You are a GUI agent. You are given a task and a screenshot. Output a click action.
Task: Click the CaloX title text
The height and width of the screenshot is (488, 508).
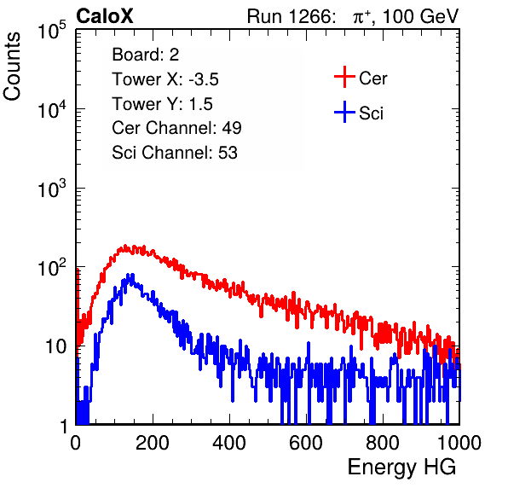[x=105, y=16]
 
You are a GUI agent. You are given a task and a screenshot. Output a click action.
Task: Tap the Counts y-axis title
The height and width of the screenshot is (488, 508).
[x=12, y=67]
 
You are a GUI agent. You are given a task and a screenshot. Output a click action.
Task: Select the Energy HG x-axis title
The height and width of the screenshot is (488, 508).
[x=401, y=468]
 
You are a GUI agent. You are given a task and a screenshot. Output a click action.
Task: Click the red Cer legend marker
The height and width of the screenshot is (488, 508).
[x=344, y=77]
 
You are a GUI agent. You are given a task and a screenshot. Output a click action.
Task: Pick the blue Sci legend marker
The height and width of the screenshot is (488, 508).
[x=344, y=113]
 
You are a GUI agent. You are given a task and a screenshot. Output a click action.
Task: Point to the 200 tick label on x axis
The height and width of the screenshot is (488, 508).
[x=153, y=443]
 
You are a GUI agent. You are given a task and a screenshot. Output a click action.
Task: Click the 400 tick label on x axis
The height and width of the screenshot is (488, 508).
[x=229, y=443]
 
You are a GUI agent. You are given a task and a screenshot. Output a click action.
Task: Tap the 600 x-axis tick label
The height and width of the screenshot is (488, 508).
[x=306, y=443]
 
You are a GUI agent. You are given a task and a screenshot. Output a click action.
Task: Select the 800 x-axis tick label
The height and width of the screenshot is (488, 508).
[x=383, y=443]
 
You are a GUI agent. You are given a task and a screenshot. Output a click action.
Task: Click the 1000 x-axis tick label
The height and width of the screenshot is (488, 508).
[x=459, y=443]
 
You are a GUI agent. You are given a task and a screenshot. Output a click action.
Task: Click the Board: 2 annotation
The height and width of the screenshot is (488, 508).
[x=146, y=55]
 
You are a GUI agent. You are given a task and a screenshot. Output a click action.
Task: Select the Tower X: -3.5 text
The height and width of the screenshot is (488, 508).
[x=165, y=79]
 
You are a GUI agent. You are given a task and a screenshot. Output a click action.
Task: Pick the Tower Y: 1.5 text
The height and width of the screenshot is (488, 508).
[x=162, y=104]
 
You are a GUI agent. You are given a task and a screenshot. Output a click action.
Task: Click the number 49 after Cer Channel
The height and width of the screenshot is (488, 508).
[x=232, y=128]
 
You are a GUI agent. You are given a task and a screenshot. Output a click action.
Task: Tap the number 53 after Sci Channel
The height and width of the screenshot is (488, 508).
[x=228, y=153]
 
